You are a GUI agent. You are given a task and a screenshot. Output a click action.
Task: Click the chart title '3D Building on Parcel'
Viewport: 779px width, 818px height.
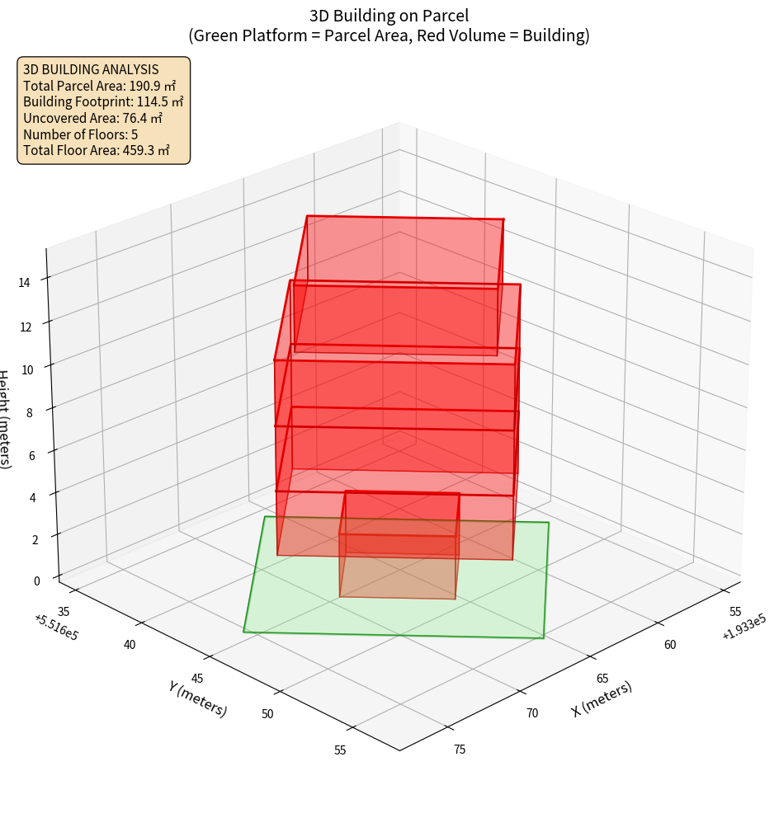(x=389, y=16)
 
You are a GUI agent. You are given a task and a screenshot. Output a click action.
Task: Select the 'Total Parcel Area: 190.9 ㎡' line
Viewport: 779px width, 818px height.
(x=99, y=86)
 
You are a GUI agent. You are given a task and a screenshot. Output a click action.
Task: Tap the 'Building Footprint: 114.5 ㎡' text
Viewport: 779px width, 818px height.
(x=103, y=102)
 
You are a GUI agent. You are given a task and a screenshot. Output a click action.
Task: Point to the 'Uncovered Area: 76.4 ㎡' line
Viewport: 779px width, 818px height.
(x=96, y=118)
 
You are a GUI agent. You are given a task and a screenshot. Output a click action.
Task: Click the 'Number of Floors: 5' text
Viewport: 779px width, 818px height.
(x=80, y=134)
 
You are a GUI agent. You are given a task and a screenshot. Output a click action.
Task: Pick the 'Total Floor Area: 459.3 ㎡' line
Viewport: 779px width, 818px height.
(x=96, y=150)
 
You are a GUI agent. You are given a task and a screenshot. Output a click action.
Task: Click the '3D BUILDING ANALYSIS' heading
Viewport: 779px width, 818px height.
(x=91, y=70)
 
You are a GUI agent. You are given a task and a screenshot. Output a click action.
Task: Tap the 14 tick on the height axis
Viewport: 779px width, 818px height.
(x=25, y=283)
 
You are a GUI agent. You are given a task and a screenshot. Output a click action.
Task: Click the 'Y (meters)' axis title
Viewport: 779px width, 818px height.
(x=198, y=698)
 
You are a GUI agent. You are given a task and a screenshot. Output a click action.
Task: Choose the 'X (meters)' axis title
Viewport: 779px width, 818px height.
(x=602, y=698)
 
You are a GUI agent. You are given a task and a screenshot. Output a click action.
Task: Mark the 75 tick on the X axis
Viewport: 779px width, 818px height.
(x=460, y=750)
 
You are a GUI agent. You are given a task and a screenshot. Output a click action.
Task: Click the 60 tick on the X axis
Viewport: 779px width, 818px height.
(x=670, y=644)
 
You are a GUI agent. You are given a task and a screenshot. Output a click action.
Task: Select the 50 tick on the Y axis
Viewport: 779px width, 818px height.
(x=267, y=713)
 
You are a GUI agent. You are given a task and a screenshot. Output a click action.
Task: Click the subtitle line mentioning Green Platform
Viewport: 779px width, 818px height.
(x=389, y=35)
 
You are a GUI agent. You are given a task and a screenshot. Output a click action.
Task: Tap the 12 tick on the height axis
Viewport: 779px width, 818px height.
(x=25, y=327)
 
